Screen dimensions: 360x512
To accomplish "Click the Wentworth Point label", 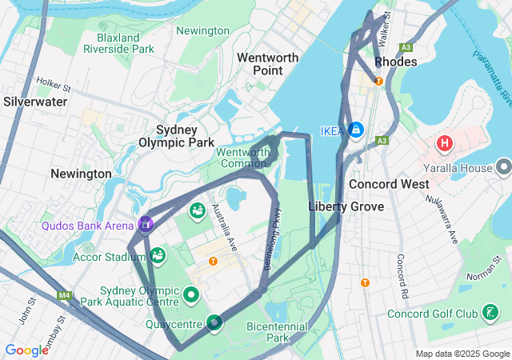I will [x=268, y=64].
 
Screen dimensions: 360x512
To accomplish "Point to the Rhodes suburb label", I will [x=395, y=61].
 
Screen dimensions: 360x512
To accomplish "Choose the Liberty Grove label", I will [x=346, y=206].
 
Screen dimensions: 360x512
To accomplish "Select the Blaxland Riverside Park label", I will [x=118, y=43].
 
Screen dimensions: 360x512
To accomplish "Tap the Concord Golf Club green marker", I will [x=490, y=313].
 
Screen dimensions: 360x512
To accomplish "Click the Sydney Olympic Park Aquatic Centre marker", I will [x=191, y=295].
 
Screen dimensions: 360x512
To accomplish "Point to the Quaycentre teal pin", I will [x=214, y=323].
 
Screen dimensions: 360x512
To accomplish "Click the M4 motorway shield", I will [x=65, y=296].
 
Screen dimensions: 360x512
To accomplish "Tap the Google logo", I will [x=26, y=350].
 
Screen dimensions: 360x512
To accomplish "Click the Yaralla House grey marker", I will [x=503, y=167].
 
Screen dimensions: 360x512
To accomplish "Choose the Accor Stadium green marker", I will [x=158, y=256].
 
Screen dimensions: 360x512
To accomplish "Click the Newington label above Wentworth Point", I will [x=202, y=30].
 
